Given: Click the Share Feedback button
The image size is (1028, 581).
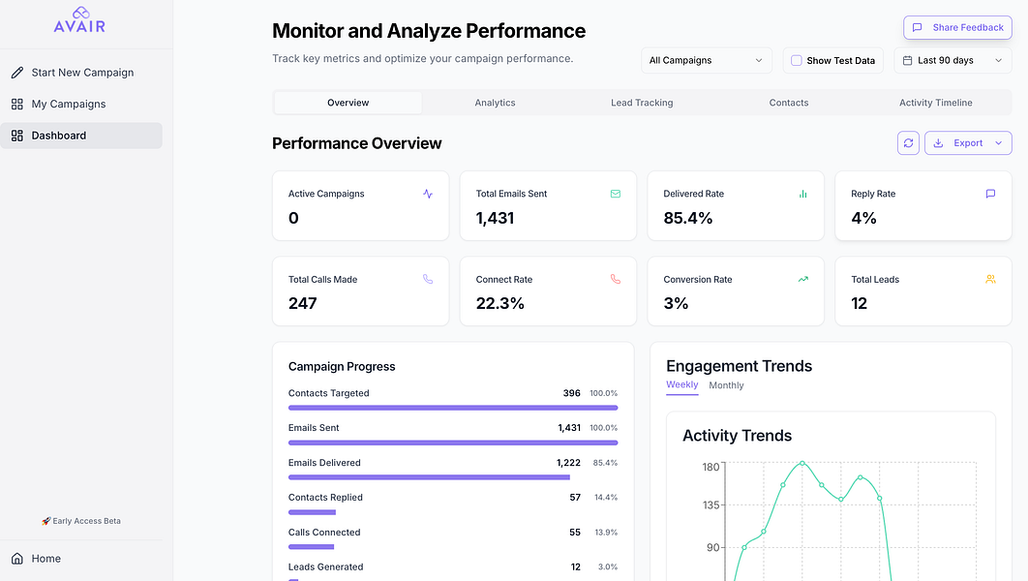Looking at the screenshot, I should pyautogui.click(x=957, y=28).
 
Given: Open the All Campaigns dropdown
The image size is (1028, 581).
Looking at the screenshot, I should pyautogui.click(x=707, y=60).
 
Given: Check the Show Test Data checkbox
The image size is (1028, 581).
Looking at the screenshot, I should pyautogui.click(x=797, y=60).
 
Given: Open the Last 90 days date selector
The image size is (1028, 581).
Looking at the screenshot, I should pyautogui.click(x=952, y=60).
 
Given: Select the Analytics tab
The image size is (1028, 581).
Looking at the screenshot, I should pyautogui.click(x=495, y=103).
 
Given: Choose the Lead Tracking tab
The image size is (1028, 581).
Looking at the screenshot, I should pyautogui.click(x=642, y=103).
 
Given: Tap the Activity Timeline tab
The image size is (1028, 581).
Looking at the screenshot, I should pyautogui.click(x=935, y=103).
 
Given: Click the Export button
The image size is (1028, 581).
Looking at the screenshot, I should pyautogui.click(x=968, y=143).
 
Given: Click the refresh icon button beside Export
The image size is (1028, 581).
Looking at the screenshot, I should pyautogui.click(x=908, y=143).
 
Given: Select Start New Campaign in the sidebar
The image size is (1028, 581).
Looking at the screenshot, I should pyautogui.click(x=82, y=73).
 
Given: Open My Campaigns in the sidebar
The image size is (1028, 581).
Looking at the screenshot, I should pyautogui.click(x=68, y=104).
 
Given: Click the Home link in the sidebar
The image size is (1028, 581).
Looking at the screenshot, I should pyautogui.click(x=45, y=559).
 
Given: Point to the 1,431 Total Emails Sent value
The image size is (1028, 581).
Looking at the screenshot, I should pyautogui.click(x=495, y=218).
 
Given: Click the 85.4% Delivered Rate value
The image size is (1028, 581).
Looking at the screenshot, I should pyautogui.click(x=687, y=218).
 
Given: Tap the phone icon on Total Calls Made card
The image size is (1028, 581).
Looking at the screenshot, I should pyautogui.click(x=428, y=279).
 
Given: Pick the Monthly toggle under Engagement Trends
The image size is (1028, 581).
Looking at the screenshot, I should pyautogui.click(x=726, y=385).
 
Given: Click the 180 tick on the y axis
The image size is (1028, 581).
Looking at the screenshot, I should pyautogui.click(x=711, y=467).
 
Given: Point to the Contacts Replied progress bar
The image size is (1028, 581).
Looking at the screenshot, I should pyautogui.click(x=312, y=512).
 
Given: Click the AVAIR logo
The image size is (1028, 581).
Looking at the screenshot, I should pyautogui.click(x=80, y=20).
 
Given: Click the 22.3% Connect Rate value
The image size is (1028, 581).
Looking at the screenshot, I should pyautogui.click(x=499, y=303).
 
